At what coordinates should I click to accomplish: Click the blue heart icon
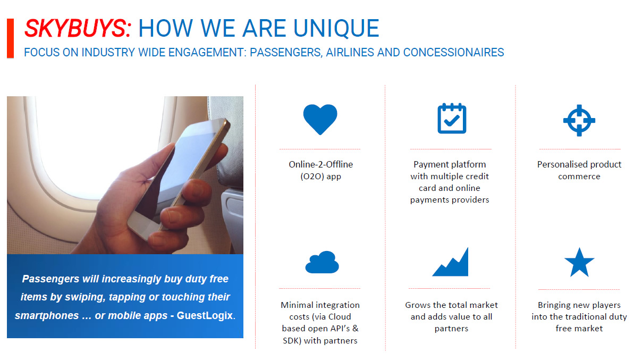pos(320,119)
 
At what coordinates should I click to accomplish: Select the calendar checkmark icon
pos(452,119)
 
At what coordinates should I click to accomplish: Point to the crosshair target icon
pos(579,120)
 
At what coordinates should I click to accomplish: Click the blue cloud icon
pos(322,262)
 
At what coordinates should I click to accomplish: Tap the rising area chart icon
pos(450,262)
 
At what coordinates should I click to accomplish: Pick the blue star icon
pos(579,262)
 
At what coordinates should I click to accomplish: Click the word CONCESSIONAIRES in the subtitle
pos(454,53)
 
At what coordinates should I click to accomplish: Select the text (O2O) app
pos(320,177)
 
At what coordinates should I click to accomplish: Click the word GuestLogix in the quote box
pos(205,315)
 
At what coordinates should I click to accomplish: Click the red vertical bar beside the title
pos(11,38)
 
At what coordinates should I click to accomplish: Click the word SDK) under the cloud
pos(292,340)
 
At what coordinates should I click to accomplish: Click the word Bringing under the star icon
pos(554,305)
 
